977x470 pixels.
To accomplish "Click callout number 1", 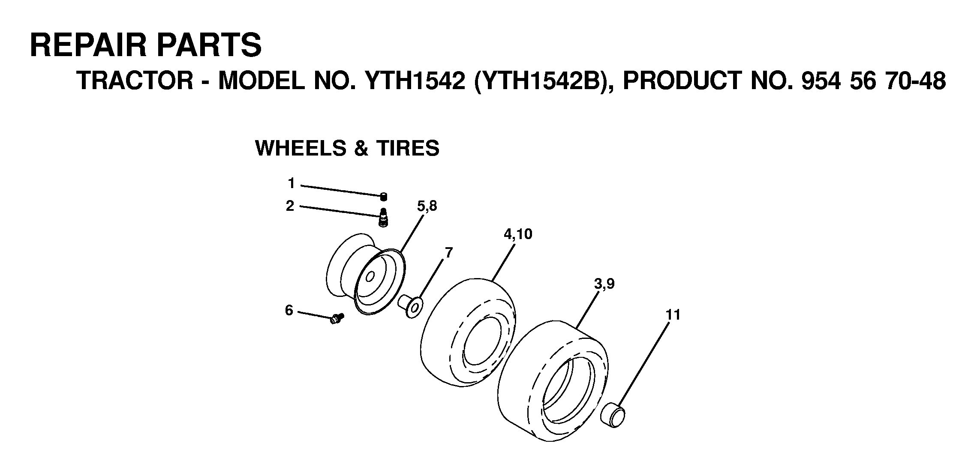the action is tap(292, 184).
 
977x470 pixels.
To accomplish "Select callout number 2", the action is tap(290, 207).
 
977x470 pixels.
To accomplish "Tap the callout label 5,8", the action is tap(427, 207).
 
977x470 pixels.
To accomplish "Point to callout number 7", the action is tap(448, 253).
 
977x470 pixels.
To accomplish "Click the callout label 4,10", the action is tap(518, 234).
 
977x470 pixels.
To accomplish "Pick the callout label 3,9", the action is tap(604, 284).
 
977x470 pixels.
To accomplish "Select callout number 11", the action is tap(673, 315).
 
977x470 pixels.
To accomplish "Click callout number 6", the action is tap(289, 310).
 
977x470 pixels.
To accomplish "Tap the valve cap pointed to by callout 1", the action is tap(384, 197).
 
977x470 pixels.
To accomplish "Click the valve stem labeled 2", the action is tap(383, 218).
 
